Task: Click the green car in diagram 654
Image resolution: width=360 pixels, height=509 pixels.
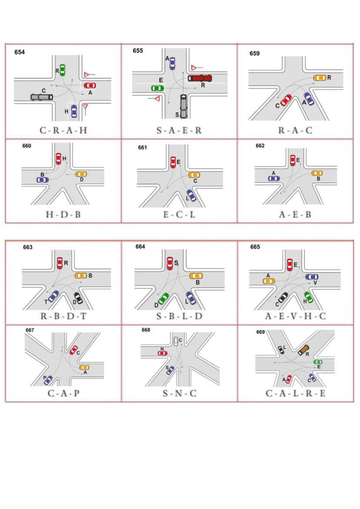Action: [x=62, y=70]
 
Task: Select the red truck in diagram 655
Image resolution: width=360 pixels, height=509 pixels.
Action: [x=200, y=78]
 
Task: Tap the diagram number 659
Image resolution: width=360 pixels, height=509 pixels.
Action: [x=254, y=53]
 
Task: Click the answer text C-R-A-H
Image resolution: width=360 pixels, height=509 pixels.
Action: [x=63, y=130]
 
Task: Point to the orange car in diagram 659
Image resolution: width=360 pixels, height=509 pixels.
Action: [x=320, y=78]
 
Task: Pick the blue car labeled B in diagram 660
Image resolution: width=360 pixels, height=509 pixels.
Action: [x=43, y=180]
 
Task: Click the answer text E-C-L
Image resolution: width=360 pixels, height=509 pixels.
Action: [x=179, y=215]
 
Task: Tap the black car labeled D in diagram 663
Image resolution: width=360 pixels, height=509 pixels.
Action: [x=78, y=298]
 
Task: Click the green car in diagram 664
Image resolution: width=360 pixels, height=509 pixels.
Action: [x=163, y=299]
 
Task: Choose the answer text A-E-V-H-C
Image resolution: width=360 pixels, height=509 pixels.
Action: [x=295, y=316]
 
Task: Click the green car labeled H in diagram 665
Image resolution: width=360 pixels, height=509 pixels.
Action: [x=308, y=297]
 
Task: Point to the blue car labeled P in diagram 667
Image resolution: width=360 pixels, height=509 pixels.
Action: [x=48, y=380]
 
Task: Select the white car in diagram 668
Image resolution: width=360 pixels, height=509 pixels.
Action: [x=176, y=341]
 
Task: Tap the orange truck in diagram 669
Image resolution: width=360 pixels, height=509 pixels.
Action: [x=303, y=349]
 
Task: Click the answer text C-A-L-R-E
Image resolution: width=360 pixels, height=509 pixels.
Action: [x=295, y=393]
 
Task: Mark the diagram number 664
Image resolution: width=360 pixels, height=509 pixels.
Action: [x=140, y=247]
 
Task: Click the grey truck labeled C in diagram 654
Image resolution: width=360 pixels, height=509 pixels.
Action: [x=42, y=97]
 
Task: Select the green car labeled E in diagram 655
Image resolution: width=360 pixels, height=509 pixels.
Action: [x=158, y=88]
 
